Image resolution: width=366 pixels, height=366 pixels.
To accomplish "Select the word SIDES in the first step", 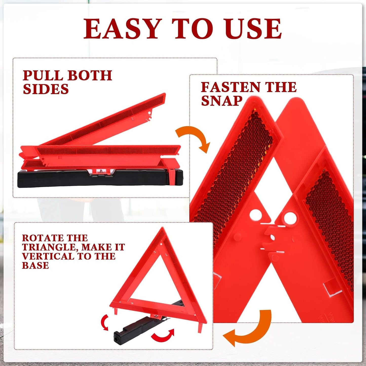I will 46,89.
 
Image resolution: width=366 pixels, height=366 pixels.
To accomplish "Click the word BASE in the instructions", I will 35,265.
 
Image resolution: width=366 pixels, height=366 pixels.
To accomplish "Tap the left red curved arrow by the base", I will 104,322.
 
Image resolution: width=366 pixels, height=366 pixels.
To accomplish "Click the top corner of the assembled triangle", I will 162,229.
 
